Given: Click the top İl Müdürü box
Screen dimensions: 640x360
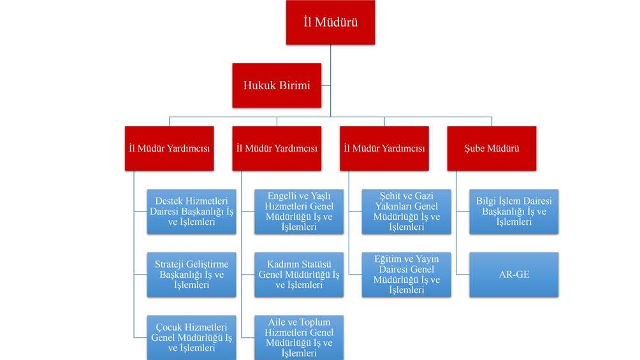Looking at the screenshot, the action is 330,22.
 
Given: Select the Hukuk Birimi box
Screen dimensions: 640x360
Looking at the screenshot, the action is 277,85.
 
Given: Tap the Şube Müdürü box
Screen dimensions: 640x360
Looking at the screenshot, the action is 491,148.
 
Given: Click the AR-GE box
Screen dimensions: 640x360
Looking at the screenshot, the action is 514,274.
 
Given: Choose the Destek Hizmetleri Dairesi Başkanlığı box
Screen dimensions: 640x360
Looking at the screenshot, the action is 191,212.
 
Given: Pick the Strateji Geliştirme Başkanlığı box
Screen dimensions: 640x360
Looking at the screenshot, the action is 191,274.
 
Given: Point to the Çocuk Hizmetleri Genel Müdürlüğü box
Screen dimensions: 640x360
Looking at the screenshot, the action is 191,338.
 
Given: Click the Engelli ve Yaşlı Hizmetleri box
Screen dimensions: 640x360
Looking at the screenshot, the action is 299,212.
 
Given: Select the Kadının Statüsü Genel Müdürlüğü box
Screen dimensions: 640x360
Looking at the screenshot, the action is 299,274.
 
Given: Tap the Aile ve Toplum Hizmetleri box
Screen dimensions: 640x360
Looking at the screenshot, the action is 299,338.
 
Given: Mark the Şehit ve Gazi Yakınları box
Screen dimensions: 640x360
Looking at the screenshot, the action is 407,212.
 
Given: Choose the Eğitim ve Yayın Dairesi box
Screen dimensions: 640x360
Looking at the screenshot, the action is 407,274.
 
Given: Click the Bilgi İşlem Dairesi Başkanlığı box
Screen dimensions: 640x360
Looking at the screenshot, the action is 514,212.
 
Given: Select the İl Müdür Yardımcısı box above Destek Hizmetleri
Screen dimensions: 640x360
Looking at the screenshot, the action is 170,148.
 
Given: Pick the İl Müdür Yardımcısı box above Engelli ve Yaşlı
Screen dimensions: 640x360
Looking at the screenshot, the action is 277,148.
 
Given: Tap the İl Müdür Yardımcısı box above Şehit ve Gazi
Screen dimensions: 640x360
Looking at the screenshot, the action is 384,148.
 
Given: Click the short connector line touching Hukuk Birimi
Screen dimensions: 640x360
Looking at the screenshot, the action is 326,85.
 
